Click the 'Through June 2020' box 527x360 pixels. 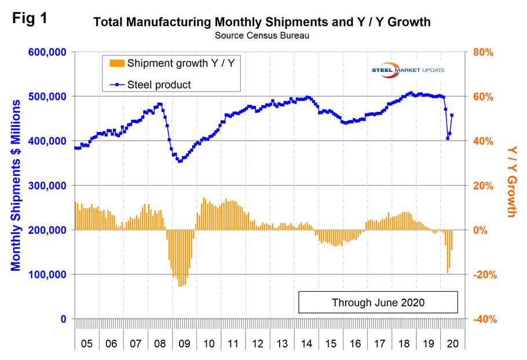coord(378,302)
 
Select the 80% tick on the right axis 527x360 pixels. coord(484,52)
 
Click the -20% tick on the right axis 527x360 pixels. coord(484,274)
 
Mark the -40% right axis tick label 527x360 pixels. coord(484,319)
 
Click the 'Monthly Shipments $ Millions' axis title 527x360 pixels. coord(16,185)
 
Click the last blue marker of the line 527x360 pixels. coord(452,115)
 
